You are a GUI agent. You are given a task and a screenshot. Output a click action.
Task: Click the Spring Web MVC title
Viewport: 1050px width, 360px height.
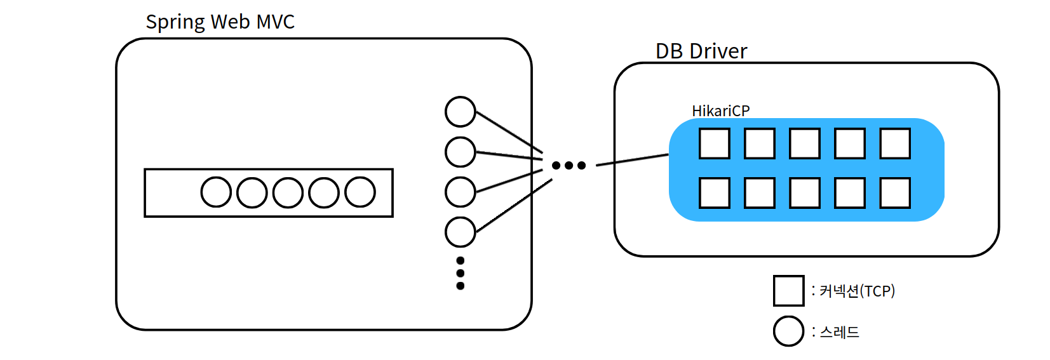[220, 22]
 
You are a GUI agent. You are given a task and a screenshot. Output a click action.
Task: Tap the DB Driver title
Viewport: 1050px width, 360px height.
[701, 51]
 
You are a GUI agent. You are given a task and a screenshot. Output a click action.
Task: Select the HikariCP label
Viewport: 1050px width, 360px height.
[720, 111]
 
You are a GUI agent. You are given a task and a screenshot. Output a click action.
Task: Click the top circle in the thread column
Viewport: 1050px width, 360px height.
[461, 112]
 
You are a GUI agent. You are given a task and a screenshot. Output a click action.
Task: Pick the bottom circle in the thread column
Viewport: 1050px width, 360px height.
[461, 232]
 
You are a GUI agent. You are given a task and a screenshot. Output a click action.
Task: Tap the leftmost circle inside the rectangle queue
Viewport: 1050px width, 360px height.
[216, 192]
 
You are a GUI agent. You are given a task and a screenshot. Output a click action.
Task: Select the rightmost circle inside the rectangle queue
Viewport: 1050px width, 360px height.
[360, 192]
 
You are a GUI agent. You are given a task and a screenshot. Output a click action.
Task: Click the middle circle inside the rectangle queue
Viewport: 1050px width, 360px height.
[288, 192]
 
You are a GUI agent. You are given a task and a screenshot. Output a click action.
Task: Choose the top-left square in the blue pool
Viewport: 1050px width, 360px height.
[714, 143]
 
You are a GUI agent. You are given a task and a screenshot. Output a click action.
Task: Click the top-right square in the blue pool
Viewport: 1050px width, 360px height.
[895, 143]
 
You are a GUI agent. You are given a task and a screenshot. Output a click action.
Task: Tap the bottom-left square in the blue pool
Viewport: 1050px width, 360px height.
[714, 193]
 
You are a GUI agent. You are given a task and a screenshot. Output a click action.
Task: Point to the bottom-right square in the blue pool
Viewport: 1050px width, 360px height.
[895, 193]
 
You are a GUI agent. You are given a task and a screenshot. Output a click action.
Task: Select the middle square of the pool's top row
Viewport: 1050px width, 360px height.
[805, 143]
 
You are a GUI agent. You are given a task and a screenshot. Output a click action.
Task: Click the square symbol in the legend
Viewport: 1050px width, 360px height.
[789, 291]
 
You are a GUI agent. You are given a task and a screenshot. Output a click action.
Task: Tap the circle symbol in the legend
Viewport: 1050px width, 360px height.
[789, 331]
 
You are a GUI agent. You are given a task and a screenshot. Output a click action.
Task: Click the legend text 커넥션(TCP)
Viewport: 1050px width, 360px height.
[857, 291]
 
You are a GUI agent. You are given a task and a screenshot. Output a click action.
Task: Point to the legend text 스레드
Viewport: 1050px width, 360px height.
[839, 332]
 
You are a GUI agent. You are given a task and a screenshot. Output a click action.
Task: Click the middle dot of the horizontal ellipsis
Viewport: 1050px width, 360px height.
[569, 166]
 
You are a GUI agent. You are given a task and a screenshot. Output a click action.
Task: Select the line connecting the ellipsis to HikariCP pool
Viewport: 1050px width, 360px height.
[632, 159]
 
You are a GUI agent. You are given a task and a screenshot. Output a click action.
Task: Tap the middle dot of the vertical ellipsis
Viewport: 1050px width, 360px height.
[461, 273]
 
